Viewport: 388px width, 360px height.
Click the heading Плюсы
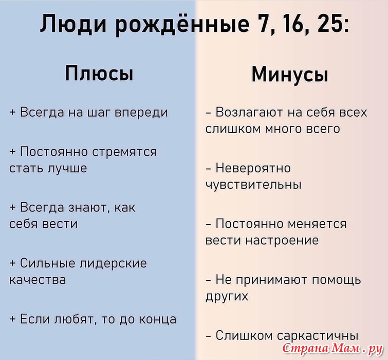tap(99, 74)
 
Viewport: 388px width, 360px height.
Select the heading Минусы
tap(290, 75)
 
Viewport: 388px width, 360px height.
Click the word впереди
tap(141, 113)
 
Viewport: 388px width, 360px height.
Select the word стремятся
tap(124, 152)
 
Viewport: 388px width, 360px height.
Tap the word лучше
tap(67, 168)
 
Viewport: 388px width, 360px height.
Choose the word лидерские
tap(113, 263)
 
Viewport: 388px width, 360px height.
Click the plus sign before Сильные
tap(12, 263)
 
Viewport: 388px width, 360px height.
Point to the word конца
tap(157, 319)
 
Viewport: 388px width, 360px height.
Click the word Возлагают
tap(249, 113)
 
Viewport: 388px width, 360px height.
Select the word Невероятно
tap(253, 168)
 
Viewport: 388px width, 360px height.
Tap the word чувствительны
tap(254, 185)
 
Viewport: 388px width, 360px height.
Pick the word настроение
tap(282, 241)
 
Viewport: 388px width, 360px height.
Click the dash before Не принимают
tap(209, 280)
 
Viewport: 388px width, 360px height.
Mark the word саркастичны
tap(318, 336)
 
